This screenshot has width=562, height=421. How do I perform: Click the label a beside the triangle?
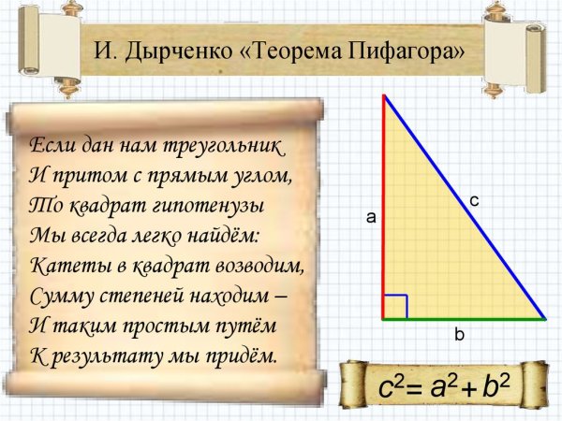pyautogui.click(x=371, y=217)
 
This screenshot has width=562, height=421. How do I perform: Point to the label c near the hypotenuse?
pyautogui.click(x=474, y=200)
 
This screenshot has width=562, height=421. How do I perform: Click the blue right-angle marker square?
pyautogui.click(x=395, y=306)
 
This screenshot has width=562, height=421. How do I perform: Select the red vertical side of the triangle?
pyautogui.click(x=384, y=206)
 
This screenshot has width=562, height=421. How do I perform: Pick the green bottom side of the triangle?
pyautogui.click(x=464, y=319)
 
